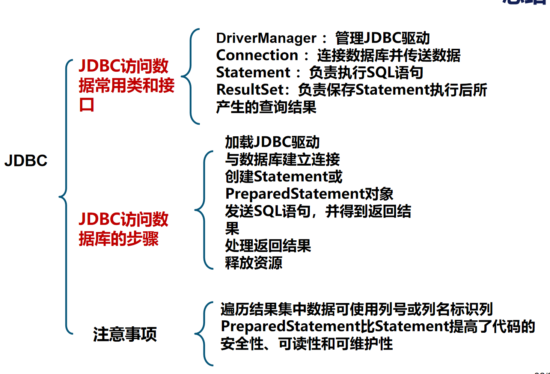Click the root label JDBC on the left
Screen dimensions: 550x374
[26, 161]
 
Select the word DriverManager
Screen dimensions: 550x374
[266, 38]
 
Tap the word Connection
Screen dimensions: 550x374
[257, 55]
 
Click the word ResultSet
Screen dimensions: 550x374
[250, 90]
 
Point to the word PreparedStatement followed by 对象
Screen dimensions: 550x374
[295, 194]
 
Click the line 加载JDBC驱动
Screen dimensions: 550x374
[272, 142]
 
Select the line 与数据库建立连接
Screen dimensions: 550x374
[282, 160]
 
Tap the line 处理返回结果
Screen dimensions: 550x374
[268, 246]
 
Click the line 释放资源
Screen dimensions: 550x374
[253, 263]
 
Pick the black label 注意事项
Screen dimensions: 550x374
[125, 334]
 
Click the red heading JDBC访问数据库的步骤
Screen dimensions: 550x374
[124, 229]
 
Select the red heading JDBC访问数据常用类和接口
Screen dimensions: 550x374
[126, 85]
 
